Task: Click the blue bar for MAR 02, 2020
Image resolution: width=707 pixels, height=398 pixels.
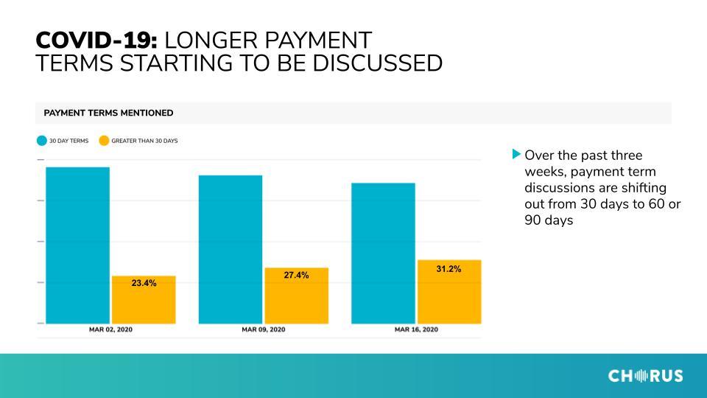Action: (x=77, y=245)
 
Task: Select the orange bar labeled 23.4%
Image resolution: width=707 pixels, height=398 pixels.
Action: (x=144, y=300)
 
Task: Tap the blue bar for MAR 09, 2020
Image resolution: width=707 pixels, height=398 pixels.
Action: (x=231, y=250)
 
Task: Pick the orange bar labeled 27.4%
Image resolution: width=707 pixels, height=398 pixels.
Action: (x=296, y=296)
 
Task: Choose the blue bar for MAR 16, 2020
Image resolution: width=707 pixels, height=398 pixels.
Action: (x=383, y=253)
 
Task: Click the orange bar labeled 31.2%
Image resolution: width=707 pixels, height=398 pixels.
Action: (x=449, y=292)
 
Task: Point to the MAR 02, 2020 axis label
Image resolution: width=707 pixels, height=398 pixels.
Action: (x=111, y=329)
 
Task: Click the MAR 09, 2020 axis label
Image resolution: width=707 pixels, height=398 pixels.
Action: (x=264, y=329)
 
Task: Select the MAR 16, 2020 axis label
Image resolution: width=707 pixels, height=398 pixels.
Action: (x=416, y=329)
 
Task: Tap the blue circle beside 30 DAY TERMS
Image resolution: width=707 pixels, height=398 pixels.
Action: (x=42, y=141)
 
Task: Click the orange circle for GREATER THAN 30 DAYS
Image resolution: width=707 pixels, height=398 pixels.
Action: (x=104, y=141)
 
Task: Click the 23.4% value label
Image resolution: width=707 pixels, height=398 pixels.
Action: (x=144, y=283)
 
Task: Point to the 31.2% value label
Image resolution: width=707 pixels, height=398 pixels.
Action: (x=449, y=269)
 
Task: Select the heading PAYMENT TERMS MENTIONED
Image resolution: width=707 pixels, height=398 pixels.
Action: (x=108, y=113)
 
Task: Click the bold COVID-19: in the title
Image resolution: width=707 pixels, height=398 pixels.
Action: (x=96, y=40)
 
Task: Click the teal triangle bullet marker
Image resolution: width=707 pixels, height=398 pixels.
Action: (x=517, y=154)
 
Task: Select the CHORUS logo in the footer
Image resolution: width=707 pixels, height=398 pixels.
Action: (x=646, y=375)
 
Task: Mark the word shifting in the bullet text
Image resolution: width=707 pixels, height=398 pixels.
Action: (x=644, y=188)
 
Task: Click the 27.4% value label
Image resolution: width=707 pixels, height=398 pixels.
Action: (x=296, y=275)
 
